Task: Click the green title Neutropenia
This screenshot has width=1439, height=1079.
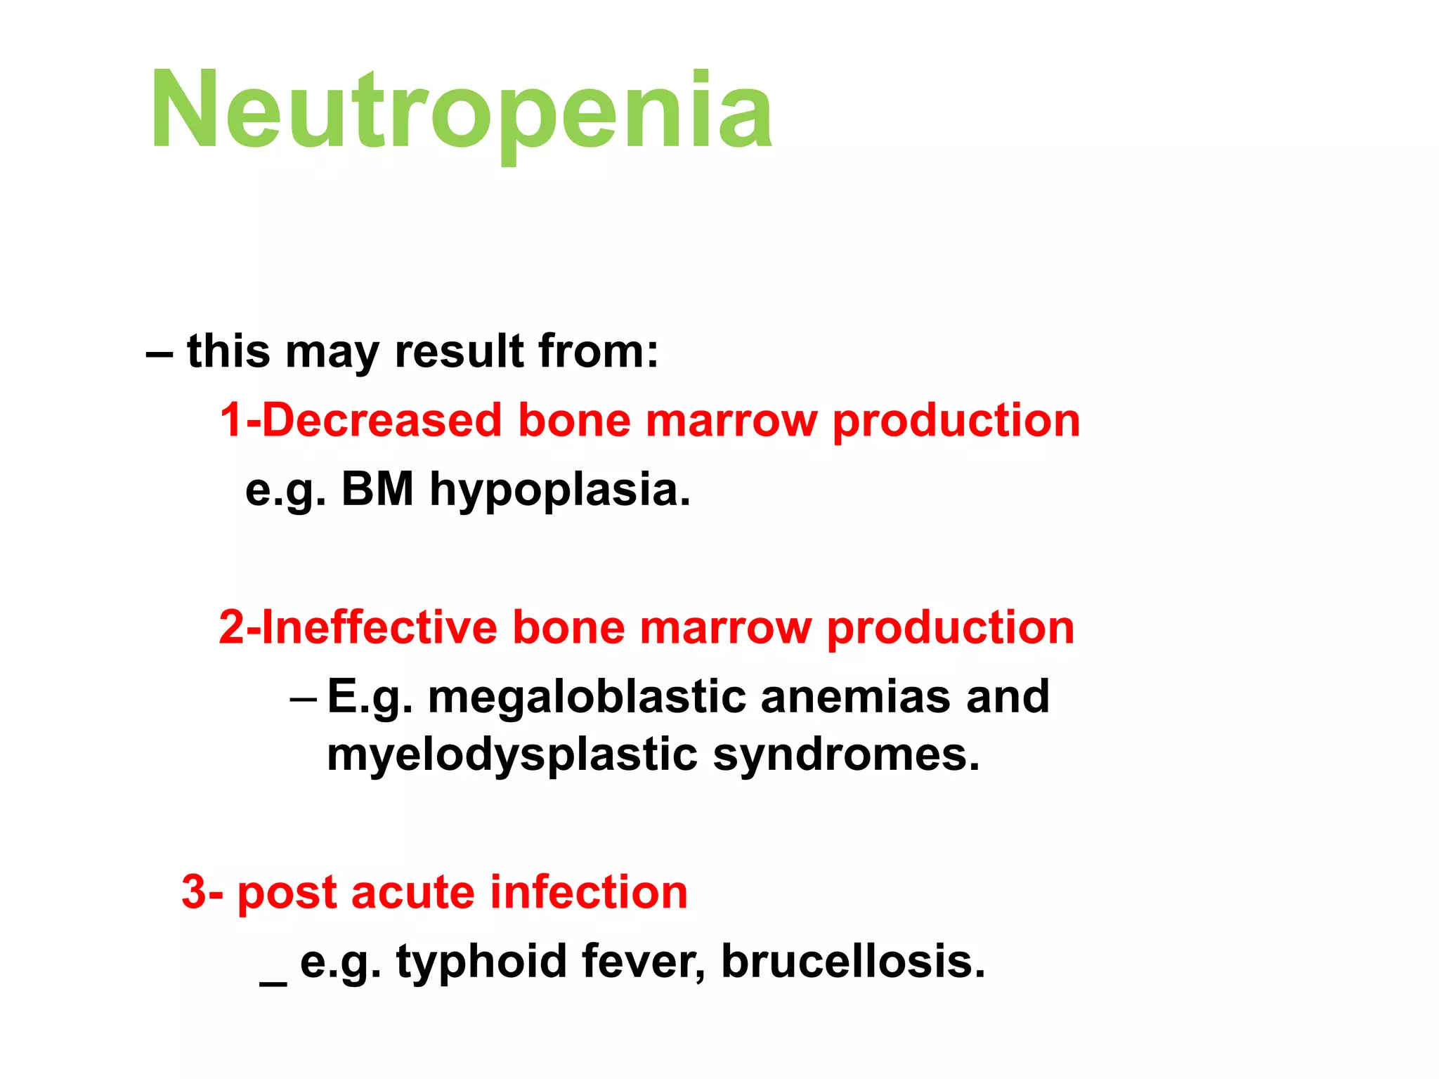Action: pos(461,111)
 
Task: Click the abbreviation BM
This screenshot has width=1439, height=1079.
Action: pos(377,489)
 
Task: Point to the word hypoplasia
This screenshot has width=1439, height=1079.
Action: pos(560,490)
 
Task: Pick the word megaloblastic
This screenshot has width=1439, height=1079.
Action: pos(587,697)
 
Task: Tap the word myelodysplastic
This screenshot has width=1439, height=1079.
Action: pos(512,756)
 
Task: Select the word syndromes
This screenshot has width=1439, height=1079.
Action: pos(846,756)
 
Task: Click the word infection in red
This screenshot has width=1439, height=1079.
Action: pos(589,893)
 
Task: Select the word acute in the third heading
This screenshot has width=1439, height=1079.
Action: pos(412,893)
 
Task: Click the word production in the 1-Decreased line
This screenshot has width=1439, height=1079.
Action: pos(956,421)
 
